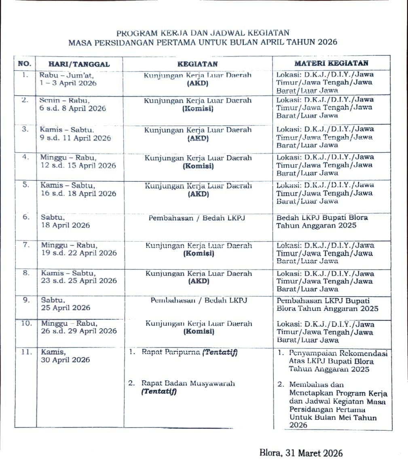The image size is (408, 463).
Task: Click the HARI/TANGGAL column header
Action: coord(79,64)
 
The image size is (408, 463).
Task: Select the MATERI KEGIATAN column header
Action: coord(331,63)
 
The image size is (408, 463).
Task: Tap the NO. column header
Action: coord(25,64)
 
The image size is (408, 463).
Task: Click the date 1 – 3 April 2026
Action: coord(68,83)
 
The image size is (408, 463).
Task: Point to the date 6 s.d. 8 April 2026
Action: coord(73,108)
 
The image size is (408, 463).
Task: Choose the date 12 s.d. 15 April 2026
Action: coord(78,166)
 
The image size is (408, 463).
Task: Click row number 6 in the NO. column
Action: coord(26,217)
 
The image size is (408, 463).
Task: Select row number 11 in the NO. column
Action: coord(26,352)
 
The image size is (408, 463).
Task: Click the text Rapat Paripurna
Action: coord(171,352)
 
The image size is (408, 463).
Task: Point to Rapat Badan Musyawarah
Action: coord(188,383)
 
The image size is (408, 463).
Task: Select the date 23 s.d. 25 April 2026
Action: coord(79,281)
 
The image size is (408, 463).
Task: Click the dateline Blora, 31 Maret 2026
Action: coord(301,453)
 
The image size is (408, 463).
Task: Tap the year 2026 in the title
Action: coord(327,42)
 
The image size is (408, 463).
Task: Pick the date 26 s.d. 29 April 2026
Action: coord(79,331)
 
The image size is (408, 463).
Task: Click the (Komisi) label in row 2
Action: coord(198,109)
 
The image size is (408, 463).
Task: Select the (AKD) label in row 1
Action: coord(198,83)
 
